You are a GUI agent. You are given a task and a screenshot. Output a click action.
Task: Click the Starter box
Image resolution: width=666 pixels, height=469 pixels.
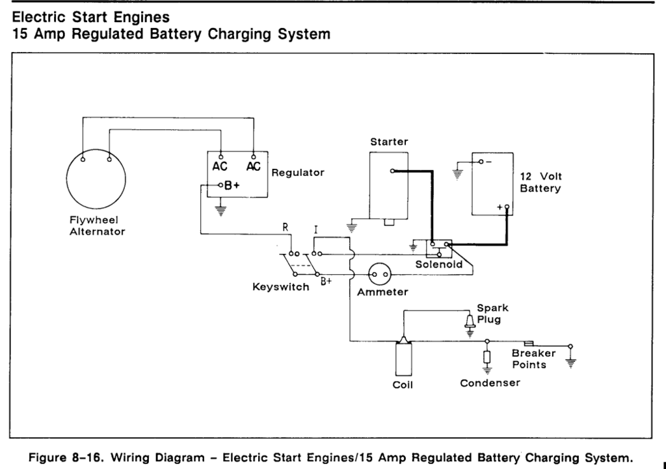point(389,185)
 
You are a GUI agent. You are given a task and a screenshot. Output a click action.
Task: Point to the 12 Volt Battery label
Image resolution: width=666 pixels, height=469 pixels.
point(540,183)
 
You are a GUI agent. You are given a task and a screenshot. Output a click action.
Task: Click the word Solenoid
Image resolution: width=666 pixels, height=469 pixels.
point(439,264)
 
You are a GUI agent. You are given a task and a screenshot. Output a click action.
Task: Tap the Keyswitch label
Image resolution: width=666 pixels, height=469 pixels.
point(280,286)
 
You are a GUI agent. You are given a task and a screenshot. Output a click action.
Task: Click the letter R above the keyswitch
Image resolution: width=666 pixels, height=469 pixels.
point(285,229)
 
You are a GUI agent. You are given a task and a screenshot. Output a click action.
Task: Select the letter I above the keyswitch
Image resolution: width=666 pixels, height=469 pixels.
point(315,229)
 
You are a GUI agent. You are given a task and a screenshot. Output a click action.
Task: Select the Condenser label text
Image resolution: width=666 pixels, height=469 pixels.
point(490,383)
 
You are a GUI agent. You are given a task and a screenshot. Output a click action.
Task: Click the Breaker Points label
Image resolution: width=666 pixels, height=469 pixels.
point(533,359)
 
